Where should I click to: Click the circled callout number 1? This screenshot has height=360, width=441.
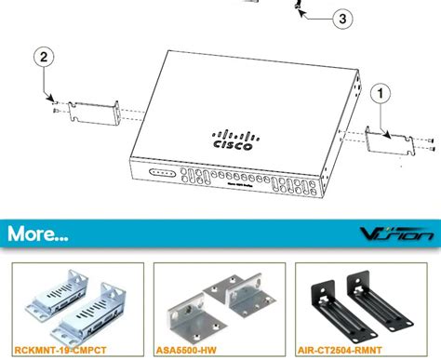380,92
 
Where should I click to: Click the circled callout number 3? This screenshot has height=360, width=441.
343,18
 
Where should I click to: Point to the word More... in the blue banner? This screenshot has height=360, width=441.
38,233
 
